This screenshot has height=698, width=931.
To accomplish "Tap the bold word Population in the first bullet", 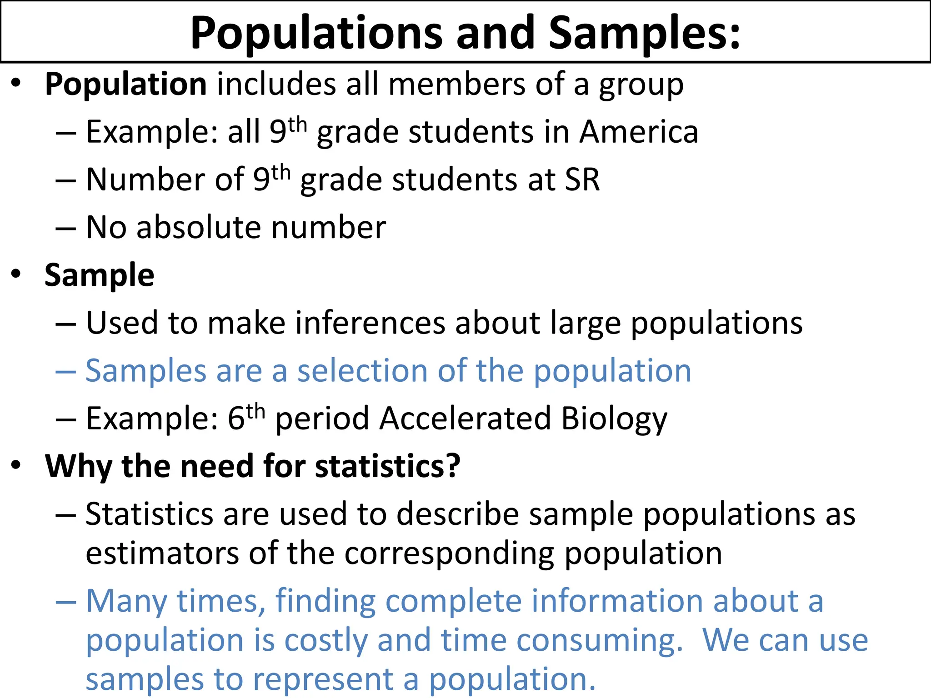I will pos(126,85).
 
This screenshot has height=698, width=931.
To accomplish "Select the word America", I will pos(639,132).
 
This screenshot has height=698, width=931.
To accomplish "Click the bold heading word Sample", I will pos(100,275).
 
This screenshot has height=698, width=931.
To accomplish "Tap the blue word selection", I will pos(362,371).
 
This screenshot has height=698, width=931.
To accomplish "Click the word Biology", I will pos(614,419).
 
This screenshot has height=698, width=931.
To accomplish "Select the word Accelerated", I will pos(465,419).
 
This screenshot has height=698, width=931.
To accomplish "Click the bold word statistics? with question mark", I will pos(388,466).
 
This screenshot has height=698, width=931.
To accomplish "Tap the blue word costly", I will pos(325,640).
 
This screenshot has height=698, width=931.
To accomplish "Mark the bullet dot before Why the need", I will pos(16,465).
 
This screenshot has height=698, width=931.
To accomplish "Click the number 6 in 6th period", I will pos(236,419).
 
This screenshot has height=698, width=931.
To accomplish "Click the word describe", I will pos(458,514).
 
